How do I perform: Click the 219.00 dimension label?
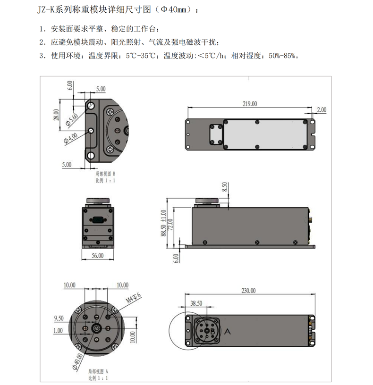250,103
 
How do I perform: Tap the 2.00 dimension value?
322,110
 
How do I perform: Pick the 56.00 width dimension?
98,255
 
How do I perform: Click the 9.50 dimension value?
59,318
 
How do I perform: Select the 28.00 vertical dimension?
57,116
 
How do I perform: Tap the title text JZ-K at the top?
46,10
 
